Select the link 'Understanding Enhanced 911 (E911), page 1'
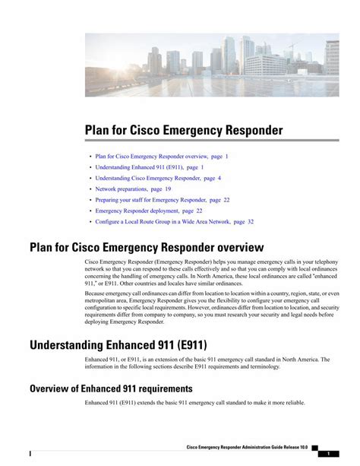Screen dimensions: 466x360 (149, 166)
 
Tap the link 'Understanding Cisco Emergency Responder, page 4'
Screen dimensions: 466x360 (158, 178)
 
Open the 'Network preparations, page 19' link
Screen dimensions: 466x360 (133, 189)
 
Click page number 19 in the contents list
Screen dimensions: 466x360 (167, 189)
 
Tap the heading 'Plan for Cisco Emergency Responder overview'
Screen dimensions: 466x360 (147, 247)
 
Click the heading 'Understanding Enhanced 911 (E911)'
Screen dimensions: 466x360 (118, 345)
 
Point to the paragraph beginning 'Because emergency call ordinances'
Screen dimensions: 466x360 (212, 306)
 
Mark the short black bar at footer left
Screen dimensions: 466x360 (30, 454)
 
